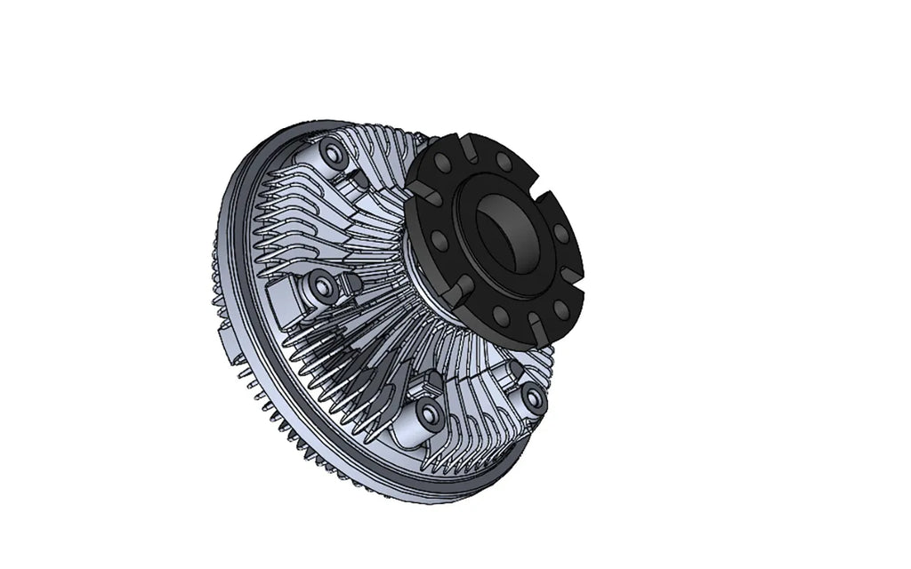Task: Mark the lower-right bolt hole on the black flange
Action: point(560,308)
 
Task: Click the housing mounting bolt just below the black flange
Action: point(532,397)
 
